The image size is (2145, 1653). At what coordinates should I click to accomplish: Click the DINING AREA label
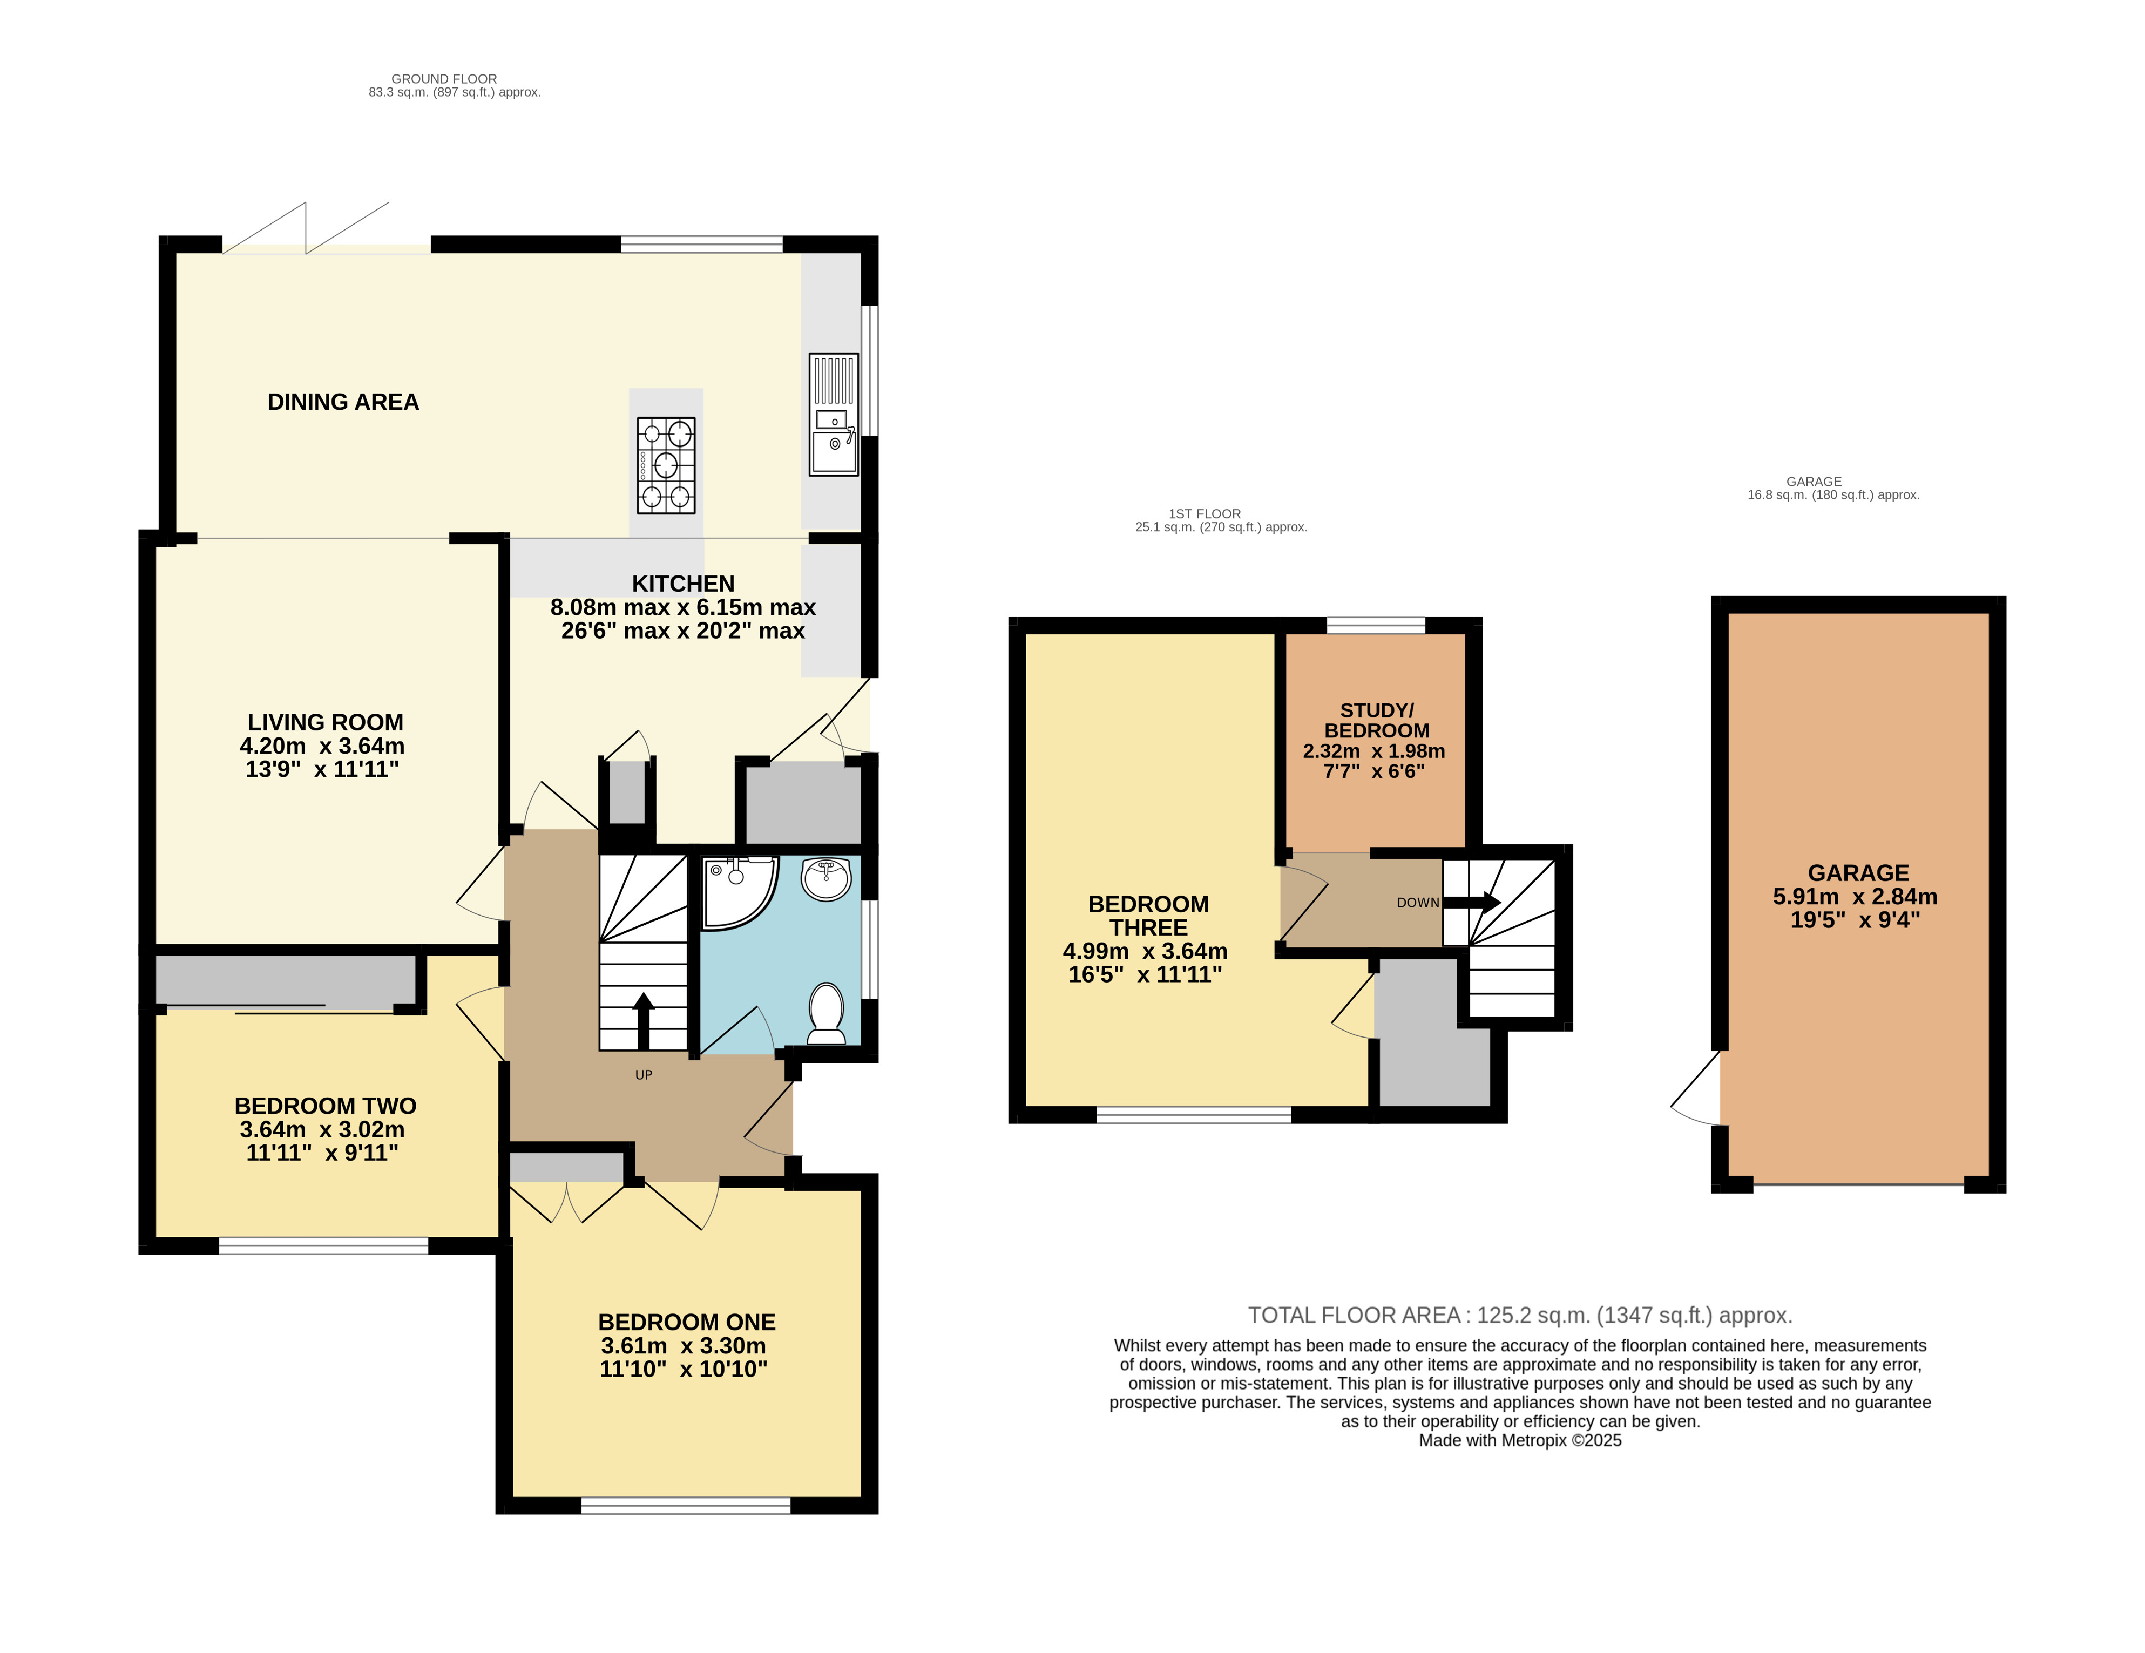343,402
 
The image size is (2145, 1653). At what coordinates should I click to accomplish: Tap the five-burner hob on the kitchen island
666,465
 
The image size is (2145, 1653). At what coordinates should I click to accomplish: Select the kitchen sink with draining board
834,415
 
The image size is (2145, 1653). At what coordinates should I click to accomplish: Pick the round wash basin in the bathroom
826,877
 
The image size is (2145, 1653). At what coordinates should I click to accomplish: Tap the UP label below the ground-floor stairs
644,1074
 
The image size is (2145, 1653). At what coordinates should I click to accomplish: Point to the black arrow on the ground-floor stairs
644,1021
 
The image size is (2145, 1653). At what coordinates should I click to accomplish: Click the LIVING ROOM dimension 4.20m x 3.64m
322,746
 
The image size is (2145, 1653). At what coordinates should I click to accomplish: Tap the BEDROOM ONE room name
687,1322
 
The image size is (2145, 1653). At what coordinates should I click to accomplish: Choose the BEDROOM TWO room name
325,1106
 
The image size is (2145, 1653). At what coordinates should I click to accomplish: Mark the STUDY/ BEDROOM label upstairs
1377,720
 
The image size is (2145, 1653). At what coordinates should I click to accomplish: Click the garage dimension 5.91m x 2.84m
1855,897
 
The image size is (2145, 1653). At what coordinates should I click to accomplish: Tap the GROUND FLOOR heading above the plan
444,79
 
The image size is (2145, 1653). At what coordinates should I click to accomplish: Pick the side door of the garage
1696,1088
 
